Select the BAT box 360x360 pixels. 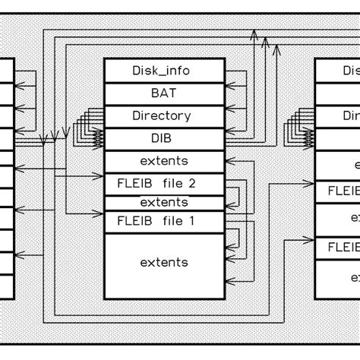pos(165,93)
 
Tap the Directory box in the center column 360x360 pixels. pos(165,116)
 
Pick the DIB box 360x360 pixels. pos(165,138)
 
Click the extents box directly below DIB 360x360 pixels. pos(165,161)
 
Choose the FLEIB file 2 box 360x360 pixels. pos(165,184)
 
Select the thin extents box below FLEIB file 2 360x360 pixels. pos(165,203)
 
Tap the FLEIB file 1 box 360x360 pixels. pos(165,222)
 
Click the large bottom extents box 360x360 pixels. pos(165,263)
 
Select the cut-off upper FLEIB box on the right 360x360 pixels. pos(338,191)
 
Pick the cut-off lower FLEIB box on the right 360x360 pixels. pos(338,247)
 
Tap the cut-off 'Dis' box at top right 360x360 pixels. pos(338,71)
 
